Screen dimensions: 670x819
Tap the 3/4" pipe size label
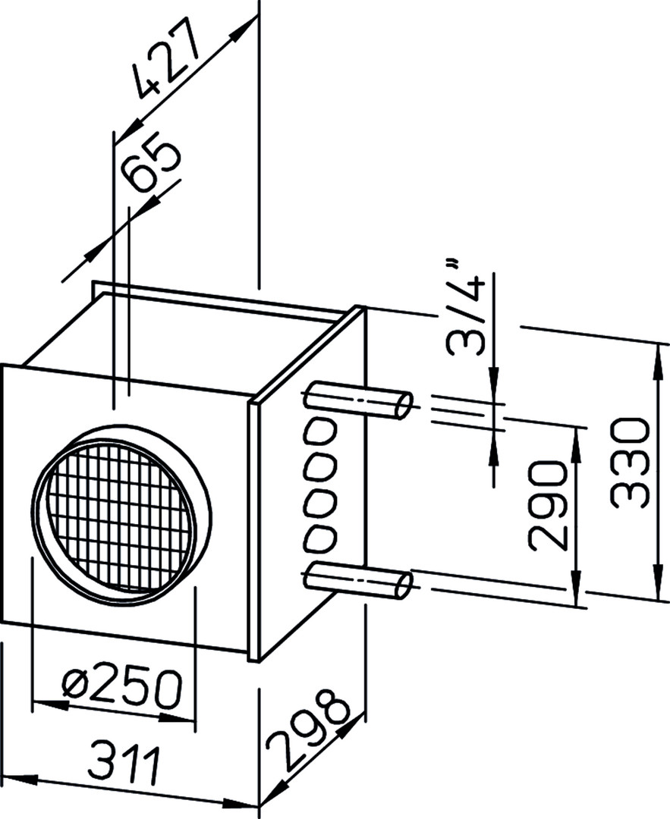pos(466,308)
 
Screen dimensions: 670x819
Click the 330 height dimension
pos(631,464)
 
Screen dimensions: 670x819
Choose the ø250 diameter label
pos(122,684)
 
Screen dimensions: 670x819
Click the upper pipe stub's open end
pos(404,405)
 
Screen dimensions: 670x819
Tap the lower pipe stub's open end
pos(404,585)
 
